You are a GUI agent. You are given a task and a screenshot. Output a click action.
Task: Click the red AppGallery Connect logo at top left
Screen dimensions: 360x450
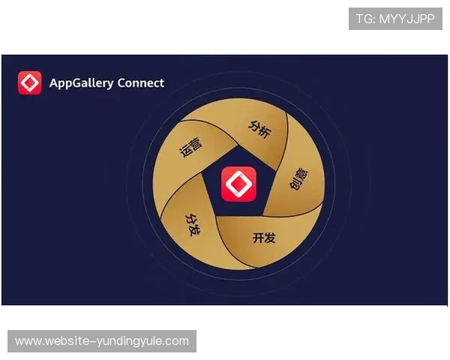point(30,82)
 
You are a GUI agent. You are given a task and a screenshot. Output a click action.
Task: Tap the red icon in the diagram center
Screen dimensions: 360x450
point(238,184)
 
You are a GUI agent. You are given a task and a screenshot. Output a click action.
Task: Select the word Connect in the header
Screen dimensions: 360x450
point(141,82)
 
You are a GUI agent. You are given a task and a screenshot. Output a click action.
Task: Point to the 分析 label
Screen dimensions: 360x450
point(259,127)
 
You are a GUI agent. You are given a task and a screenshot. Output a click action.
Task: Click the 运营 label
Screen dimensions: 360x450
point(191,147)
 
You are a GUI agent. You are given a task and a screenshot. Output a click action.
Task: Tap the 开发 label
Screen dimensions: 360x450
point(264,238)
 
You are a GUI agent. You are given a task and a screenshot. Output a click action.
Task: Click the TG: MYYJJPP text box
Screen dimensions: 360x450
point(395,19)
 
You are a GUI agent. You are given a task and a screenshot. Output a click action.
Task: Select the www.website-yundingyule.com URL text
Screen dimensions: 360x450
point(102,341)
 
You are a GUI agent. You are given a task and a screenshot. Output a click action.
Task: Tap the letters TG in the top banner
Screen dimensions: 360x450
point(364,19)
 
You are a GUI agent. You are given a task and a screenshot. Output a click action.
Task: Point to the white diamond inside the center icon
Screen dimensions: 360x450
point(238,184)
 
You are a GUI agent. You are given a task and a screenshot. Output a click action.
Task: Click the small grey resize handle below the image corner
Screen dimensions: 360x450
point(446,309)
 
